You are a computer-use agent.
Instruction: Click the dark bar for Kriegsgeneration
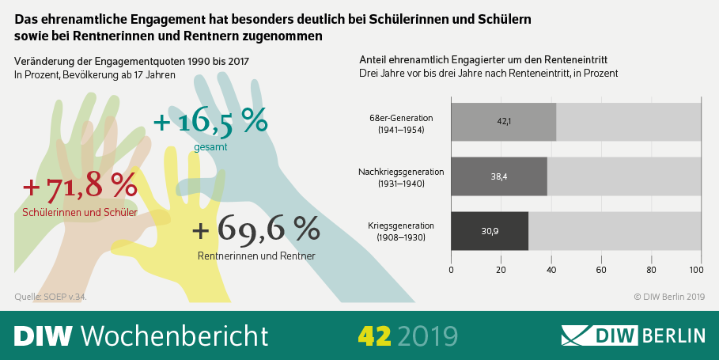490,230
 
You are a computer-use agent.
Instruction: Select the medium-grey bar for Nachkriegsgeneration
499,176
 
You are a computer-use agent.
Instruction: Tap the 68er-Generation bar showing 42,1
503,123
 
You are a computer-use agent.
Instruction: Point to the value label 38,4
499,176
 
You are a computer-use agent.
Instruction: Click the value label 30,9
490,230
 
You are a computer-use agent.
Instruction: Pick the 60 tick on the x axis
601,270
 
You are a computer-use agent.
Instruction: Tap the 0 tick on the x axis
451,270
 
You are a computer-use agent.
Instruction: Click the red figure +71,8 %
80,187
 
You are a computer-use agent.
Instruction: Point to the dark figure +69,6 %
255,229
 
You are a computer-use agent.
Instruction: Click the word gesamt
210,147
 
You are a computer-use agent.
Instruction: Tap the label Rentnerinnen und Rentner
255,256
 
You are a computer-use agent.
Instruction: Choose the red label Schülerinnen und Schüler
80,212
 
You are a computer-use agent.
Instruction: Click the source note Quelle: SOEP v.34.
51,297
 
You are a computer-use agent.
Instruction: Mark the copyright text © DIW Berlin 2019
668,297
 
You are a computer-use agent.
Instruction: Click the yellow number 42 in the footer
373,335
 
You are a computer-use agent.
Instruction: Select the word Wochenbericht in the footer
175,335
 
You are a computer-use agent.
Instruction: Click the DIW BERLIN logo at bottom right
633,335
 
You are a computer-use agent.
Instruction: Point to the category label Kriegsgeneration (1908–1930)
397,230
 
